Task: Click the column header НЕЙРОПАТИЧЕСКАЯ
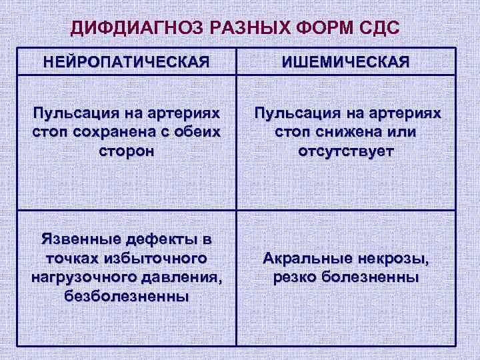126,63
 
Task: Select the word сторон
126,151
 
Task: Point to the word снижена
335,132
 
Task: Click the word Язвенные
79,239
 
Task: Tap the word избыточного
154,257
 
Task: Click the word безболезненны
126,295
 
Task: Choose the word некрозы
396,257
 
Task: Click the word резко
296,276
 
